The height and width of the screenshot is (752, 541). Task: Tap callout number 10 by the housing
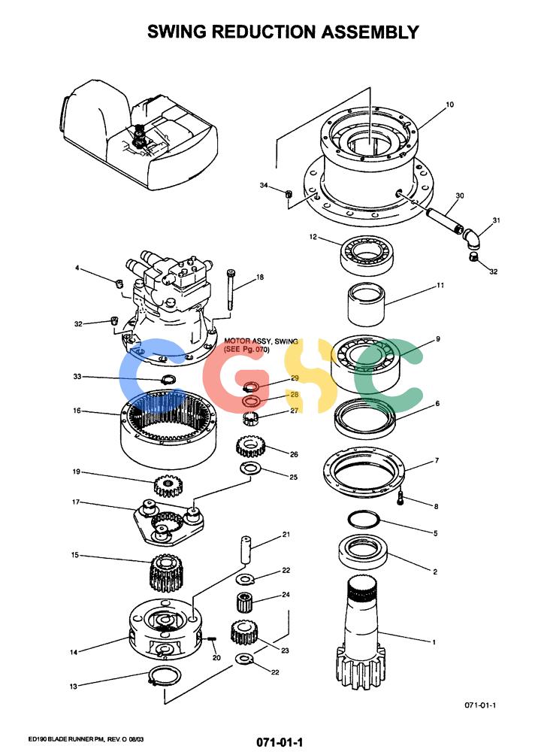[449, 105]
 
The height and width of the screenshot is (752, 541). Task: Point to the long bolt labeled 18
[231, 290]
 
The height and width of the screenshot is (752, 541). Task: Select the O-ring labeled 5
[364, 520]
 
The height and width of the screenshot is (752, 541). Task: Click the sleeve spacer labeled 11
[366, 304]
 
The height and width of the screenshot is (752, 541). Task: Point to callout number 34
[264, 185]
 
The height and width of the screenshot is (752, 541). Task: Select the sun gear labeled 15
[167, 572]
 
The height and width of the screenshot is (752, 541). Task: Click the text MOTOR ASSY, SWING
[261, 341]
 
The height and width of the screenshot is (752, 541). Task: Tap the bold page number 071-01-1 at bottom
[280, 742]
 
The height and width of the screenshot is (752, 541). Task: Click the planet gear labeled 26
[249, 447]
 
